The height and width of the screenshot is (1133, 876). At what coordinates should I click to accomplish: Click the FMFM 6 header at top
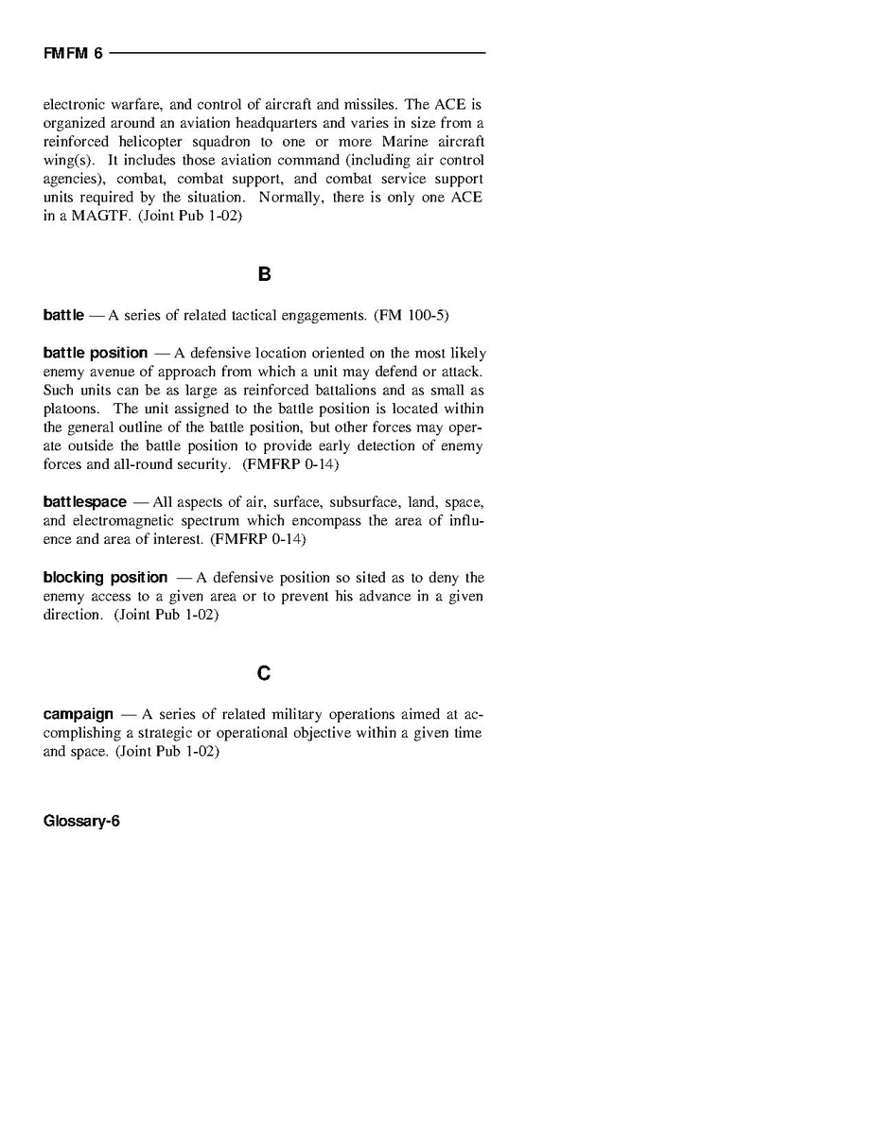(x=73, y=54)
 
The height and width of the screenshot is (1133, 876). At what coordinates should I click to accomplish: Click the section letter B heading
(x=264, y=274)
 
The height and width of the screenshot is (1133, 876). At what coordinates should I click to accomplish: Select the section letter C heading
(x=264, y=673)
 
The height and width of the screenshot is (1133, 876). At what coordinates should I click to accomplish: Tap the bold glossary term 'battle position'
(x=96, y=353)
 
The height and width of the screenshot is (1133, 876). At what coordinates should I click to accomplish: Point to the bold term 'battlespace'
(x=84, y=501)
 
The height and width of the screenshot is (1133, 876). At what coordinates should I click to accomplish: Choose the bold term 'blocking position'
(x=105, y=577)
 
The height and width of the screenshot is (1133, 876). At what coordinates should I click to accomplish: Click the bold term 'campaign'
(x=79, y=713)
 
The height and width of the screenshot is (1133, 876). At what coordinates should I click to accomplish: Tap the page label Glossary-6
(x=81, y=821)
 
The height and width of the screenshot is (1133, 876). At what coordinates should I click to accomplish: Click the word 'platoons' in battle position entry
(x=69, y=409)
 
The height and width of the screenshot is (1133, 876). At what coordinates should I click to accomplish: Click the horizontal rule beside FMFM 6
(x=297, y=53)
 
